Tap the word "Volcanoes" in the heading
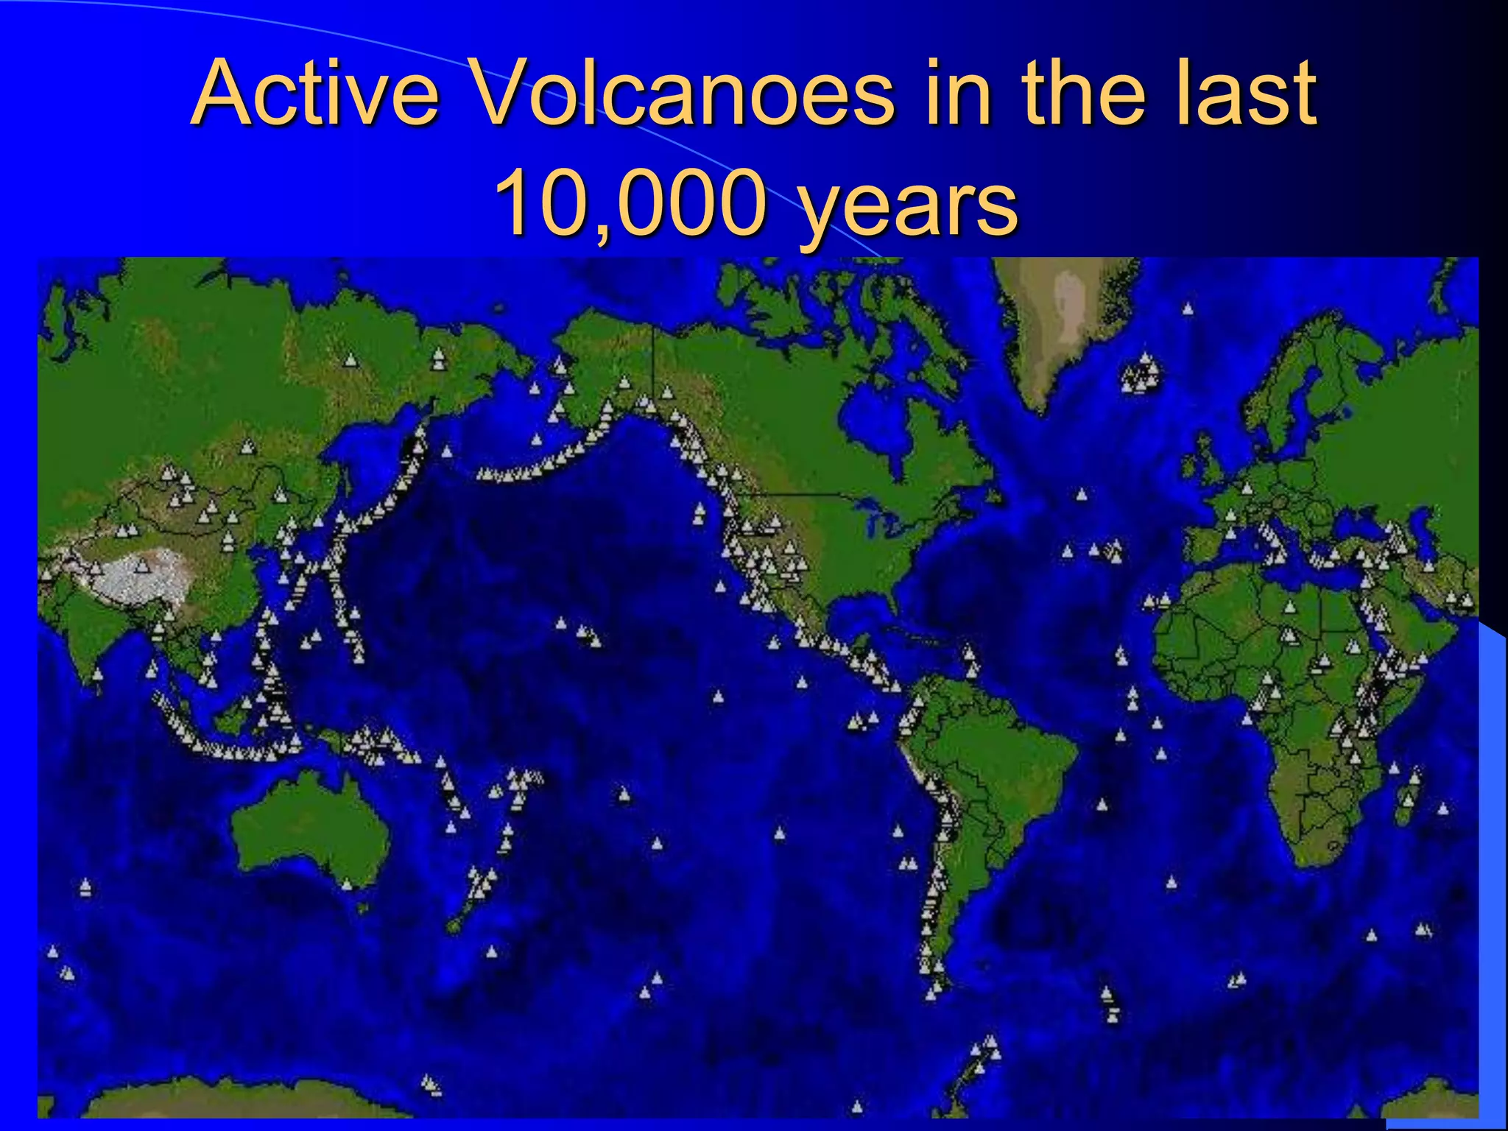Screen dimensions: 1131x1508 point(681,94)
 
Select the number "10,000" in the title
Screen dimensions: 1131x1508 point(630,202)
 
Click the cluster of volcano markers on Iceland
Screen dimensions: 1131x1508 point(1140,374)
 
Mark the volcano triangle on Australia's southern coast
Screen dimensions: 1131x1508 point(347,884)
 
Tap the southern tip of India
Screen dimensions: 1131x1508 point(96,681)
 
